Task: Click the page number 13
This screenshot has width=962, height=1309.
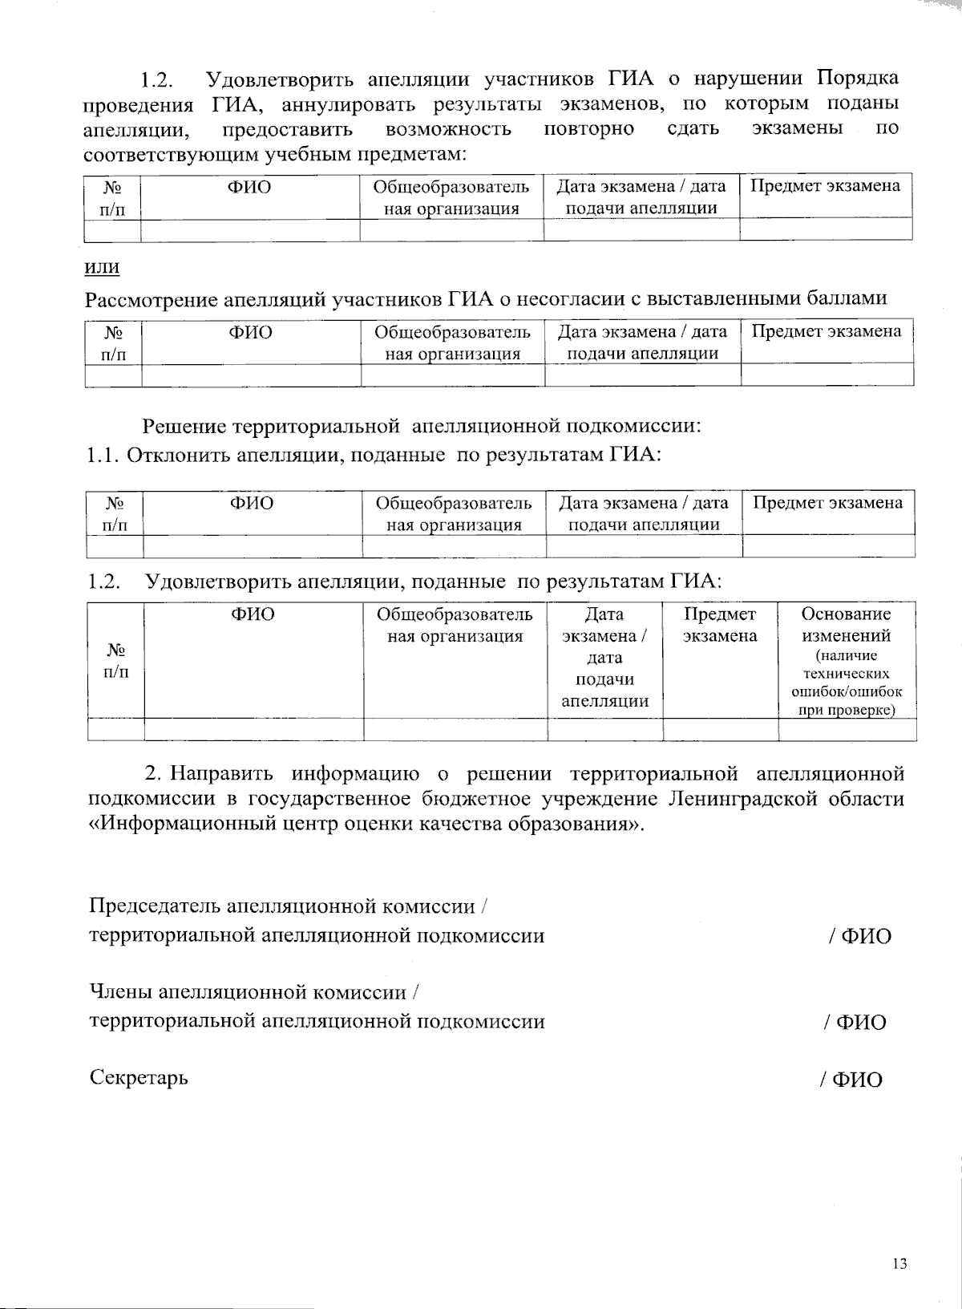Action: tap(899, 1265)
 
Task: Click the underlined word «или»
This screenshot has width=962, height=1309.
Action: tap(101, 266)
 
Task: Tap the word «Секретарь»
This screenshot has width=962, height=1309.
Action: tap(139, 1077)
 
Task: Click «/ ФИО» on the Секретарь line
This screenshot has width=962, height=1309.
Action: tap(851, 1080)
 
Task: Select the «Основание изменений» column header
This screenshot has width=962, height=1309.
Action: tap(847, 625)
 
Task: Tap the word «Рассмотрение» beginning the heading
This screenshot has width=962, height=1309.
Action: tap(151, 299)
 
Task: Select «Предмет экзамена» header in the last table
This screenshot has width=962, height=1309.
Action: tap(720, 625)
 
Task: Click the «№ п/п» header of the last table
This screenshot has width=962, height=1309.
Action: tap(115, 660)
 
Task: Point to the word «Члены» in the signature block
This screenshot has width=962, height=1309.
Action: tap(120, 992)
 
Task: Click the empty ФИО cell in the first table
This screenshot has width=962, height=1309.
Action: tap(250, 230)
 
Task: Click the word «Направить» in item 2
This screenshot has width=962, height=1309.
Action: tap(220, 773)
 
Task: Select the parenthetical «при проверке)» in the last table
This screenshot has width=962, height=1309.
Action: tap(847, 710)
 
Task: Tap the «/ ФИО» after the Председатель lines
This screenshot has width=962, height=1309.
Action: tap(859, 936)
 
